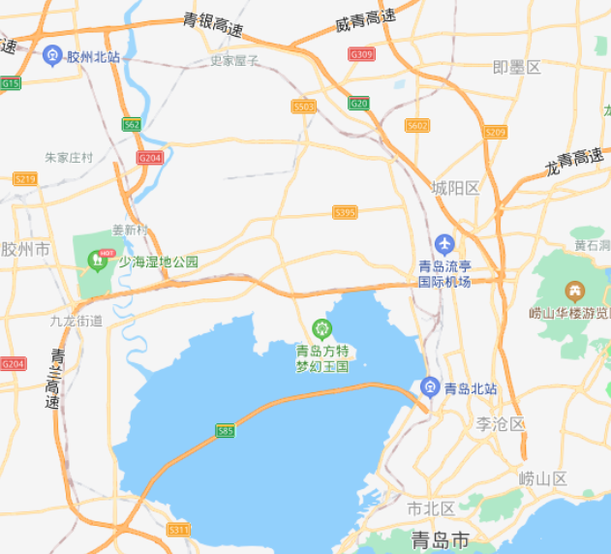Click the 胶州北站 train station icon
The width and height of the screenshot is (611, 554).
tap(52, 57)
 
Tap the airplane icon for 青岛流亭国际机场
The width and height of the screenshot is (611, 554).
tap(444, 243)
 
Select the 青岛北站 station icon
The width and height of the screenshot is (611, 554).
tap(430, 387)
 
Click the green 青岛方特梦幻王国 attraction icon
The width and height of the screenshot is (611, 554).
tap(321, 329)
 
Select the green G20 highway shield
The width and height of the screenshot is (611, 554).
tap(359, 103)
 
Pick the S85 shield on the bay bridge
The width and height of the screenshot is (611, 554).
tap(225, 430)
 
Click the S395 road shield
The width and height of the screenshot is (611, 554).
tap(345, 212)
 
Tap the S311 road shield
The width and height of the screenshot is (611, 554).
tap(179, 529)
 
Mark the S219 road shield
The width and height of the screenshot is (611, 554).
tap(24, 179)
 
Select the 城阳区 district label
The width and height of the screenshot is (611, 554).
tap(455, 188)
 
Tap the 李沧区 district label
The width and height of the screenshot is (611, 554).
tap(500, 424)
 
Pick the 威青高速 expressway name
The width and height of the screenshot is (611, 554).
tap(365, 19)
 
